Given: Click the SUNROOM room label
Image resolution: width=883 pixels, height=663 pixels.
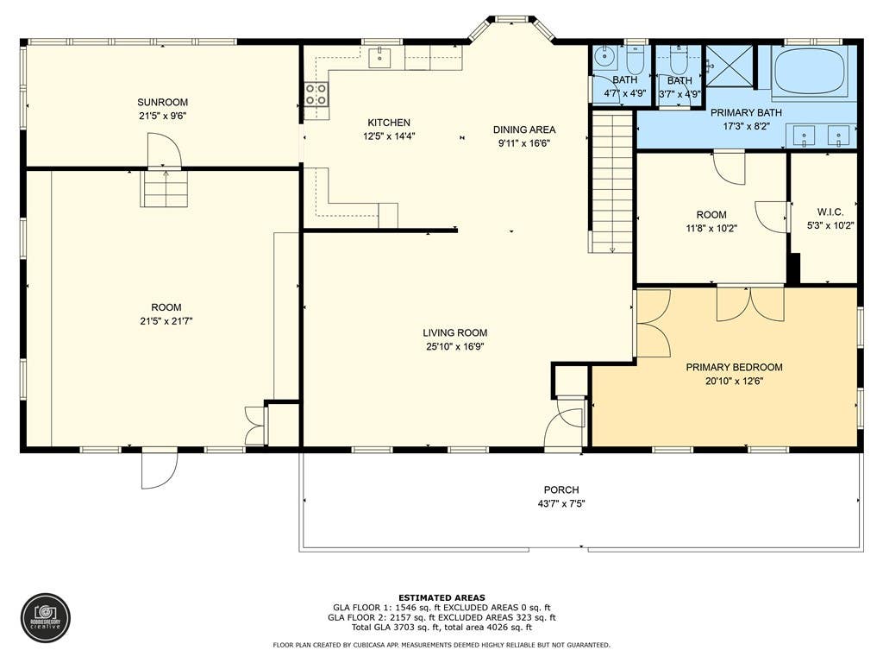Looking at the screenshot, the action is click(162, 102).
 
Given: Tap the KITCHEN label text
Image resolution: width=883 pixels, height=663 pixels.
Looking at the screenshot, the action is click(389, 123).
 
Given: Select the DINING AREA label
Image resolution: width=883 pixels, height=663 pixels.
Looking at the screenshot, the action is click(524, 129).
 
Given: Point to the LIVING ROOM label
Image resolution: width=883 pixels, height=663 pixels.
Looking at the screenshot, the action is click(455, 332).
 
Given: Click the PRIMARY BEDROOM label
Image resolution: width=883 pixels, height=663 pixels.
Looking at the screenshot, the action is click(734, 367).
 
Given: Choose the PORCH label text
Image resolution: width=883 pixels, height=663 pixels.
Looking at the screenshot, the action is click(560, 490).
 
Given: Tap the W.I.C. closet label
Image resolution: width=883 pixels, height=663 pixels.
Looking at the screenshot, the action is click(830, 212).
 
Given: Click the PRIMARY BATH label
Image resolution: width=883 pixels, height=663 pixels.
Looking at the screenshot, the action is click(746, 113).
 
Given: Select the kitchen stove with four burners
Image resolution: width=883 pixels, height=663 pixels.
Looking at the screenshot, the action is click(316, 94).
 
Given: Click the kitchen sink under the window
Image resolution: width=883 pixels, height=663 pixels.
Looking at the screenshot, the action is click(380, 58).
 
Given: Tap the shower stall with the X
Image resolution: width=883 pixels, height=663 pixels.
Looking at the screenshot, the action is click(730, 66).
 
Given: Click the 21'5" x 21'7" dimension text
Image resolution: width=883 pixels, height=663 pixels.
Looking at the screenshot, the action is click(166, 321).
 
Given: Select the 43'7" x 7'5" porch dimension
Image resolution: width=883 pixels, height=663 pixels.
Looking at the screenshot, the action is click(560, 503).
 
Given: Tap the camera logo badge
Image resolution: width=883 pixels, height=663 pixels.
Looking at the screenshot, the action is click(46, 618).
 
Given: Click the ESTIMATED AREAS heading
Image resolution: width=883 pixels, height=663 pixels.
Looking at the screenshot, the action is click(441, 597).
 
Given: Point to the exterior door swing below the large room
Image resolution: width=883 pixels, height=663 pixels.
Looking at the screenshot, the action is click(160, 470).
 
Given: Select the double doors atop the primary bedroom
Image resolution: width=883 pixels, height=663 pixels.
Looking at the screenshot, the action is click(750, 303).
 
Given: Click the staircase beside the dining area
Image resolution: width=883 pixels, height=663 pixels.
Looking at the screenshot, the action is click(612, 181).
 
